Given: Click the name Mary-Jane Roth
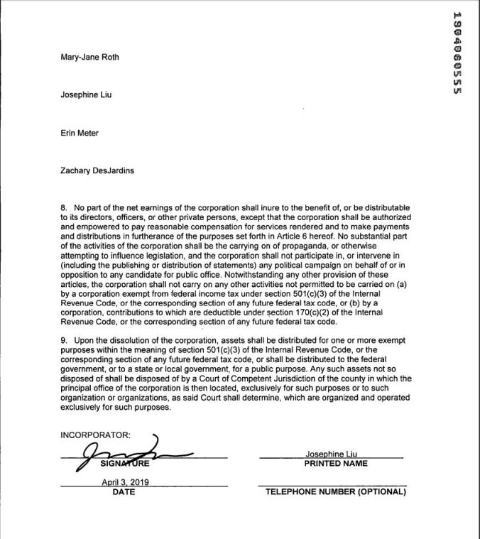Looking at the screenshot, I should (89, 58).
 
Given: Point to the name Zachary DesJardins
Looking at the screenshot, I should (96, 170).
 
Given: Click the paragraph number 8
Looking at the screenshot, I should (63, 208).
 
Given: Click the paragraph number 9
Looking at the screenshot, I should (63, 340).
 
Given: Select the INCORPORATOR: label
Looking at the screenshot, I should (95, 435).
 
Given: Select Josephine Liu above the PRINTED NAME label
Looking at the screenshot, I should (331, 454).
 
